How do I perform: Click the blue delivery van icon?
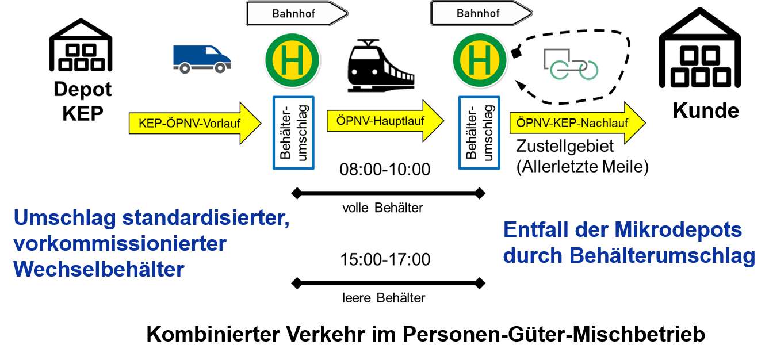click(202, 59)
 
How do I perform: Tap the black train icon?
click(380, 65)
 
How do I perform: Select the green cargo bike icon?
click(570, 64)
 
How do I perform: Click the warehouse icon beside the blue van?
click(81, 45)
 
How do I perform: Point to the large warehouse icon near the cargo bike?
click(699, 48)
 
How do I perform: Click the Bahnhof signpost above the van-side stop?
click(297, 13)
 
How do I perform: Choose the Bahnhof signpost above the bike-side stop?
click(481, 13)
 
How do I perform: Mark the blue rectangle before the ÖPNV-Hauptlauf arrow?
click(293, 133)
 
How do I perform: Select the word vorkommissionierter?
click(120, 243)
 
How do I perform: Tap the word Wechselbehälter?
click(98, 269)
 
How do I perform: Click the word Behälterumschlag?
click(662, 256)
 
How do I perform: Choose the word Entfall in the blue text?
click(538, 230)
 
